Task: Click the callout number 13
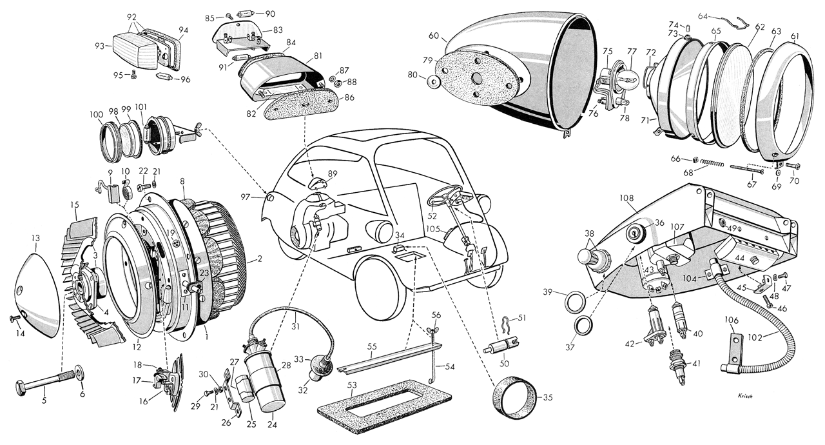[35, 238]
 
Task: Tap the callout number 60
[433, 35]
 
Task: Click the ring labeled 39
[576, 302]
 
